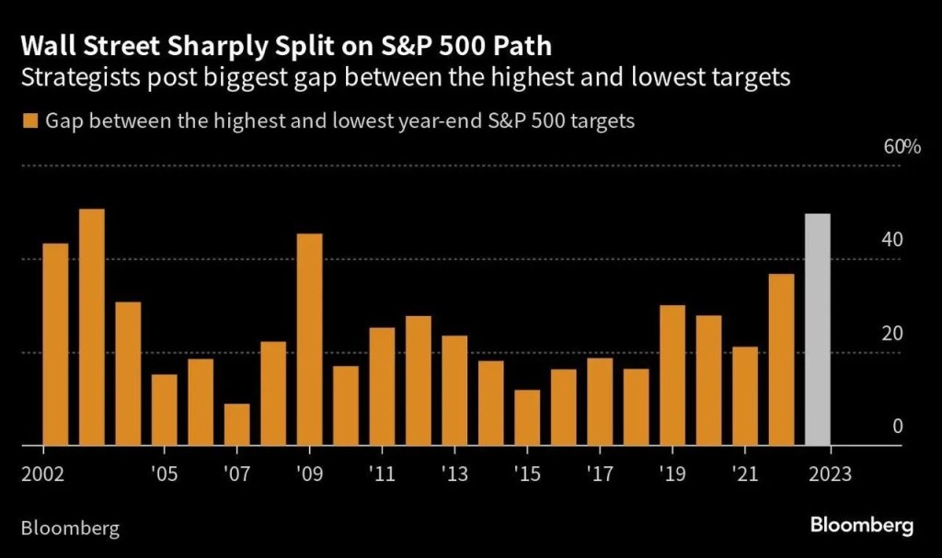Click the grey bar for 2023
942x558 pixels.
[x=818, y=330]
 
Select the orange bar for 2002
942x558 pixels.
[x=55, y=345]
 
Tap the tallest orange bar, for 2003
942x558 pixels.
[x=91, y=327]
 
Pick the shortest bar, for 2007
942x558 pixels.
[x=236, y=425]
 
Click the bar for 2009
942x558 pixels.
[x=309, y=340]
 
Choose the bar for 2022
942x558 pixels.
[x=781, y=360]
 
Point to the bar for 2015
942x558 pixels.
[x=527, y=418]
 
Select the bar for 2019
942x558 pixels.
[x=672, y=376]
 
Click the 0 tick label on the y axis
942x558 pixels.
[x=897, y=427]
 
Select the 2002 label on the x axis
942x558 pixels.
[x=41, y=474]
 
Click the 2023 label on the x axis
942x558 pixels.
[x=831, y=474]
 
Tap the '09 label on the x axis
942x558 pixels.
[x=309, y=474]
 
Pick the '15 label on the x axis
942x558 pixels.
[x=527, y=474]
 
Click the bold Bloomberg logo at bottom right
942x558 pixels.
[x=862, y=526]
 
